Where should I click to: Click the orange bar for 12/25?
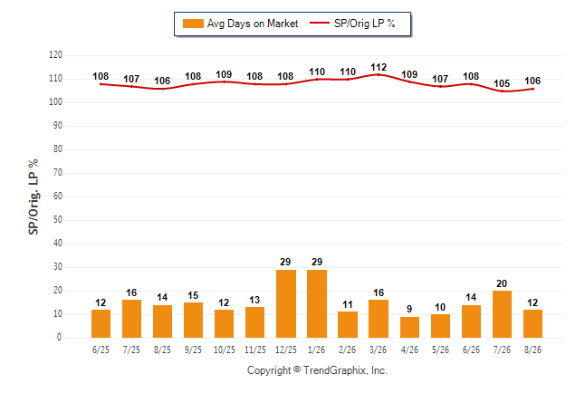(x=286, y=303)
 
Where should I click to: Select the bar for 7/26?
(x=502, y=314)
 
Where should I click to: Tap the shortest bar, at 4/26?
(x=409, y=327)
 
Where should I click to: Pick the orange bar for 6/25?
(x=101, y=323)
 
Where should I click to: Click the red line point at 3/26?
(x=379, y=74)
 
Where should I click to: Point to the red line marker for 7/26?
(x=502, y=91)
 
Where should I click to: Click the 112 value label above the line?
(x=379, y=67)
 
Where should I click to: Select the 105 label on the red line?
(x=502, y=83)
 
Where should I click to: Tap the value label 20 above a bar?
(x=502, y=283)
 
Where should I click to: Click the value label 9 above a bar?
(x=409, y=309)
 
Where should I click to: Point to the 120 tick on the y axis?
(x=55, y=55)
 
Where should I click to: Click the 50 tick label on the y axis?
(x=58, y=219)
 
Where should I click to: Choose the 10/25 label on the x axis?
(x=225, y=350)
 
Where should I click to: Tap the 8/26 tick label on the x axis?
(x=532, y=350)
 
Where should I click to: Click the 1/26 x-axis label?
(x=316, y=350)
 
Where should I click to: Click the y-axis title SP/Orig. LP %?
(x=34, y=196)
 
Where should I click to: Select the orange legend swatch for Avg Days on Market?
(x=193, y=24)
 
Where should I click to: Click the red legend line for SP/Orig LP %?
(x=320, y=24)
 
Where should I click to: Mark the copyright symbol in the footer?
(x=297, y=369)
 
